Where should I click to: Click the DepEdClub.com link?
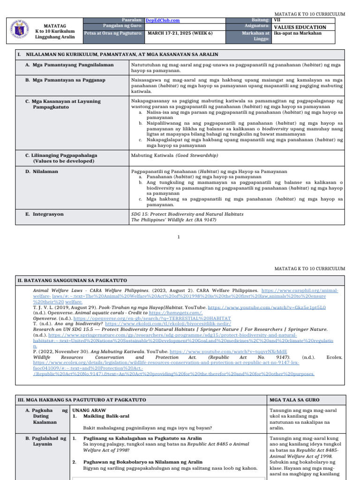[x=163, y=21]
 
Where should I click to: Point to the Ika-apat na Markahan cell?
[x=297, y=34]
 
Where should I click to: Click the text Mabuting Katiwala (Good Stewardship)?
[x=174, y=156]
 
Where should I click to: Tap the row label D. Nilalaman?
[x=42, y=172]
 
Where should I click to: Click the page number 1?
[x=179, y=237]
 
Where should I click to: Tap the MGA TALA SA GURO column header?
[x=294, y=400]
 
